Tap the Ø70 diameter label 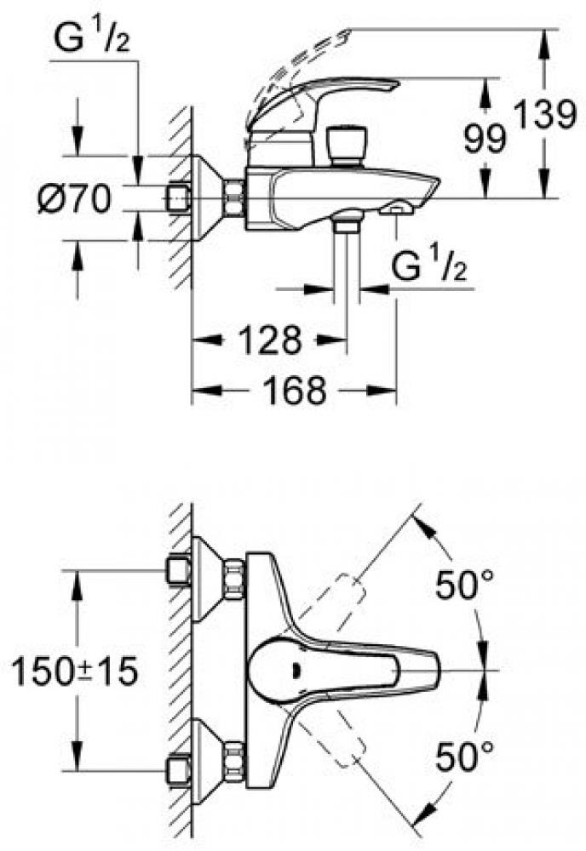(x=75, y=200)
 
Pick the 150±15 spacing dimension (x=75, y=672)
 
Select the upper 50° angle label (x=465, y=585)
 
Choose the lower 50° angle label (x=465, y=753)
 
